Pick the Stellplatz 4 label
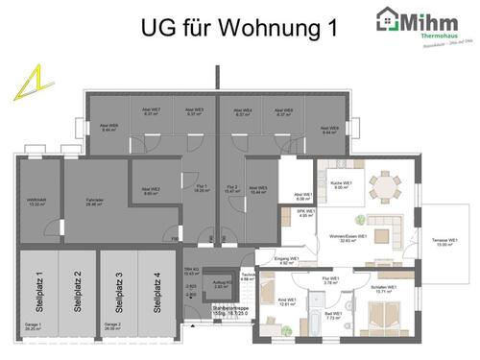click(156, 291)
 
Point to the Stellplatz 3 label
click(118, 291)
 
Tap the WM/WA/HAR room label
click(37, 203)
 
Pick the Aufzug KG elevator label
click(220, 285)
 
